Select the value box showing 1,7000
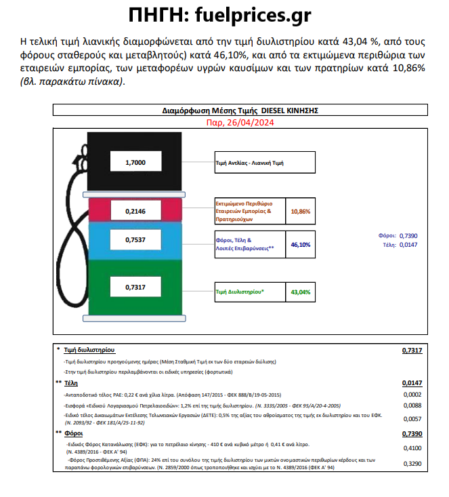pos(135,163)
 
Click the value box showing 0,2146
pos(135,212)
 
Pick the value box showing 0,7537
pos(135,240)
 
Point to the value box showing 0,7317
pos(135,287)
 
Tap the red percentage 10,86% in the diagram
pos(300,212)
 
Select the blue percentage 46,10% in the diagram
pos(300,244)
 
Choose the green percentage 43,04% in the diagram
pos(300,292)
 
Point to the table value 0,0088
pos(412,405)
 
